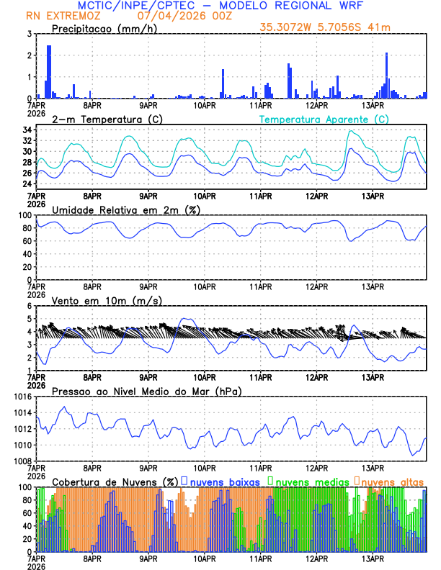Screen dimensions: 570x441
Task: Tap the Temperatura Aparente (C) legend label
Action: pyautogui.click(x=324, y=119)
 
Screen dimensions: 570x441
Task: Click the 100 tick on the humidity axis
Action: pyautogui.click(x=24, y=215)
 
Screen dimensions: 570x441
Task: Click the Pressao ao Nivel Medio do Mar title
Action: pyautogui.click(x=146, y=391)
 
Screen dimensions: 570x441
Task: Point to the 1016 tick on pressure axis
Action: pyautogui.click(x=22, y=397)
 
